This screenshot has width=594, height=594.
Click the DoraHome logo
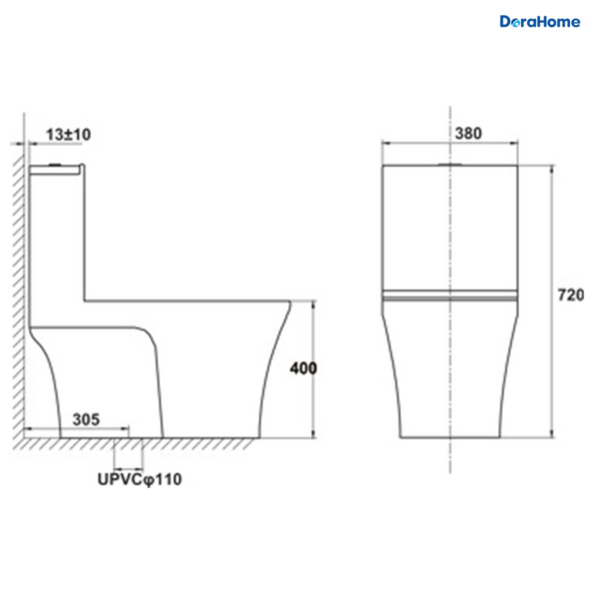click(540, 22)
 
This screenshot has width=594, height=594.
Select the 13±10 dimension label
click(68, 135)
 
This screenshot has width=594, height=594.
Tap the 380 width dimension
click(468, 134)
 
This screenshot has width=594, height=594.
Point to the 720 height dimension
click(571, 295)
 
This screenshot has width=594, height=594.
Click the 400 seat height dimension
click(303, 368)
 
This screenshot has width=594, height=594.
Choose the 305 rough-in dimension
click(86, 420)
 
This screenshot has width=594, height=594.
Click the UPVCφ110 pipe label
click(140, 480)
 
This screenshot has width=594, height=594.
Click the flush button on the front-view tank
click(450, 165)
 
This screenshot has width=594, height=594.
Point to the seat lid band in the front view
click(450, 295)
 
